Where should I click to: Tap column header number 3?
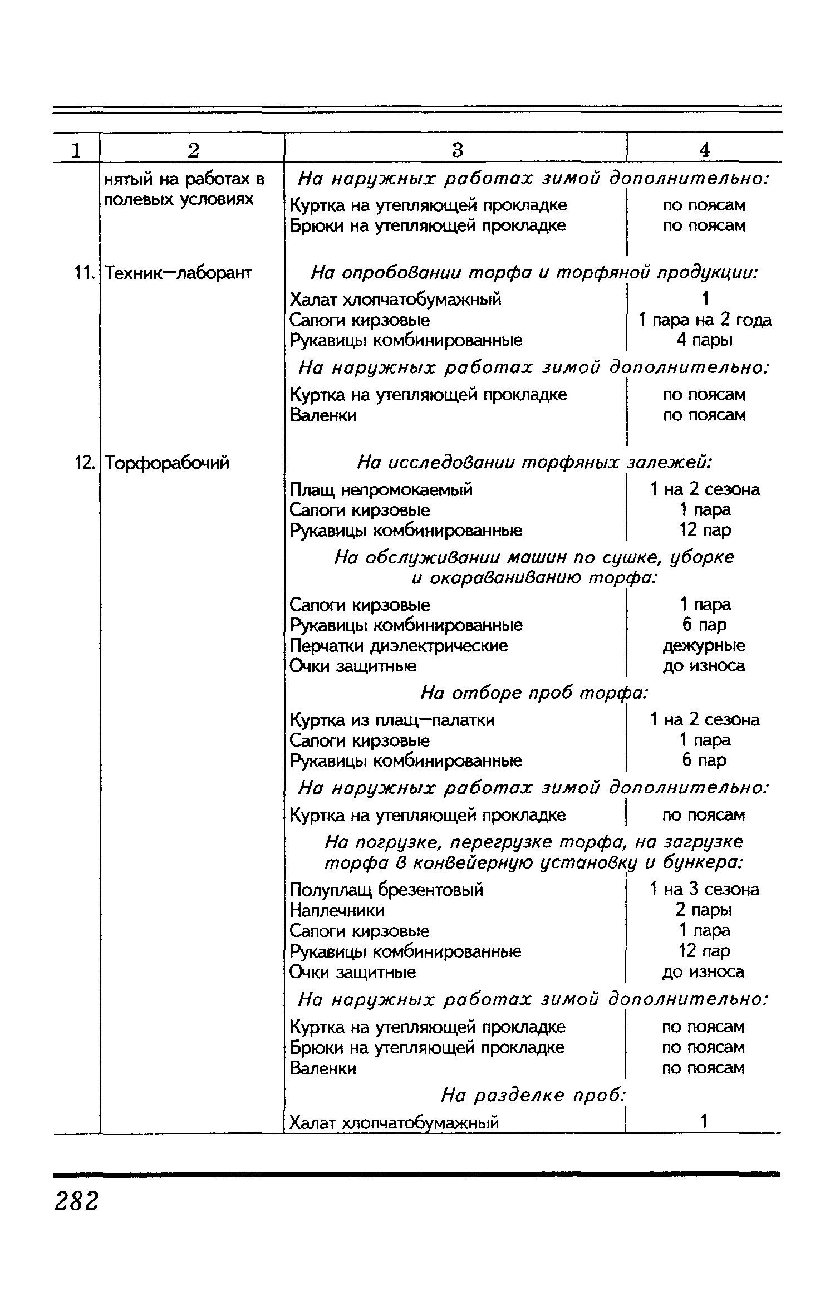(x=456, y=150)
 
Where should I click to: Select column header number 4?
(x=705, y=150)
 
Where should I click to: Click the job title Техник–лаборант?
(x=178, y=273)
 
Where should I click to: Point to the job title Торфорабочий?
(x=167, y=463)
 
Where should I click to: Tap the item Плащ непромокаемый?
(x=381, y=490)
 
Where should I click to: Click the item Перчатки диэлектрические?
(x=399, y=646)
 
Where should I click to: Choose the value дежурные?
(x=704, y=646)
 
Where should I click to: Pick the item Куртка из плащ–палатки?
(x=392, y=720)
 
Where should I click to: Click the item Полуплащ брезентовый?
(x=386, y=890)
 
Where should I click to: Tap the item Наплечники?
(x=337, y=910)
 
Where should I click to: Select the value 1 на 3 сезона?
(x=704, y=890)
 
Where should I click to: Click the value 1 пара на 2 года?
(x=705, y=320)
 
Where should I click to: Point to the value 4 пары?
(x=704, y=340)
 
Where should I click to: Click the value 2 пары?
(x=704, y=910)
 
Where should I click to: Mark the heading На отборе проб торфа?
(x=534, y=693)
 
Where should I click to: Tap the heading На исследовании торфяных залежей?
(x=534, y=463)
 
